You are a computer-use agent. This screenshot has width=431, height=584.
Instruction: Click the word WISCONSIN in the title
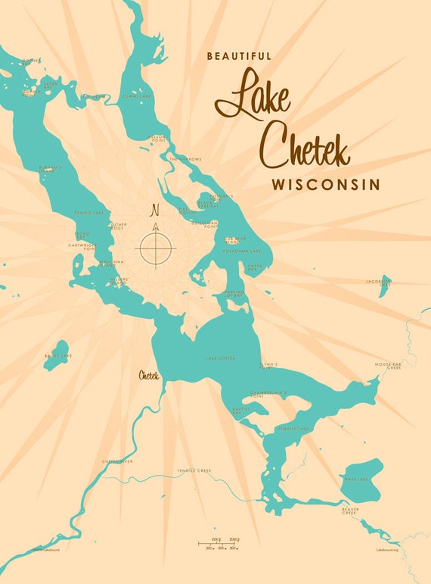click(x=326, y=185)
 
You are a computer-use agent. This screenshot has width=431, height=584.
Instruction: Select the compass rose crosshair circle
click(x=156, y=247)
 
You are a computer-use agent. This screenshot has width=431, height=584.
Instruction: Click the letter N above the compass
click(x=155, y=210)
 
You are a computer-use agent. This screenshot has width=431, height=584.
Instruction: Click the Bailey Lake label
click(x=57, y=354)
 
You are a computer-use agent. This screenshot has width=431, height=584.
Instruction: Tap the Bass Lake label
click(x=356, y=479)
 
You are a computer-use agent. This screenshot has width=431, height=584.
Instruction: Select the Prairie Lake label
click(x=88, y=213)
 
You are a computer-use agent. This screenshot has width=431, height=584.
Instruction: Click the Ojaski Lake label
click(x=136, y=95)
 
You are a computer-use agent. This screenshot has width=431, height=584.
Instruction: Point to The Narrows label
click(x=184, y=158)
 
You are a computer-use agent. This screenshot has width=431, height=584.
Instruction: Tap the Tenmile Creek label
click(x=194, y=470)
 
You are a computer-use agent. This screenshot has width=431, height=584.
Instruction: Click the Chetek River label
click(x=117, y=461)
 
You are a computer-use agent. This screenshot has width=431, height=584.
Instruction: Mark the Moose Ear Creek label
click(x=388, y=366)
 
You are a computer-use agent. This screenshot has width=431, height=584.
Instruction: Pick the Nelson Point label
click(x=157, y=138)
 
